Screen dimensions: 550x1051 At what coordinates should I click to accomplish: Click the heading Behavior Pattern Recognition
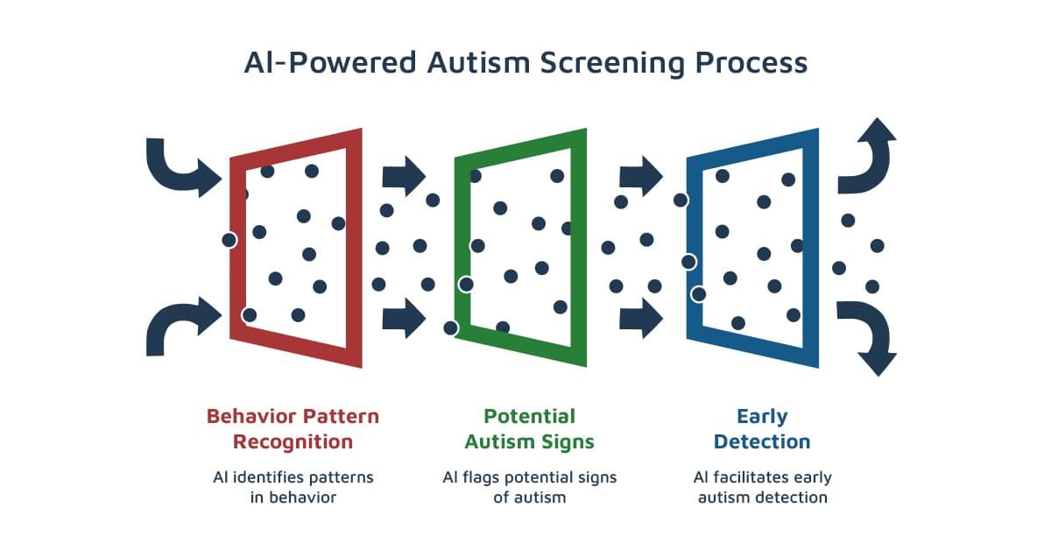tap(293, 427)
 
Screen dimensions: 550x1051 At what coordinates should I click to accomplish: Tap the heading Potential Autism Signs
tap(529, 427)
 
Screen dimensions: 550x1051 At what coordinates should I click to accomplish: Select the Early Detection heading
tap(761, 427)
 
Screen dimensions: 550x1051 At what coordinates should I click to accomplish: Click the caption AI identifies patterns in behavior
tap(293, 487)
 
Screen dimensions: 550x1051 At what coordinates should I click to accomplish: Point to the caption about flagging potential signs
tap(529, 487)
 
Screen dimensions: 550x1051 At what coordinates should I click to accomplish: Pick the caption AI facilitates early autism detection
tap(761, 487)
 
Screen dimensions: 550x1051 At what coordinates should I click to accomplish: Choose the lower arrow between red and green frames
tap(404, 317)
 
